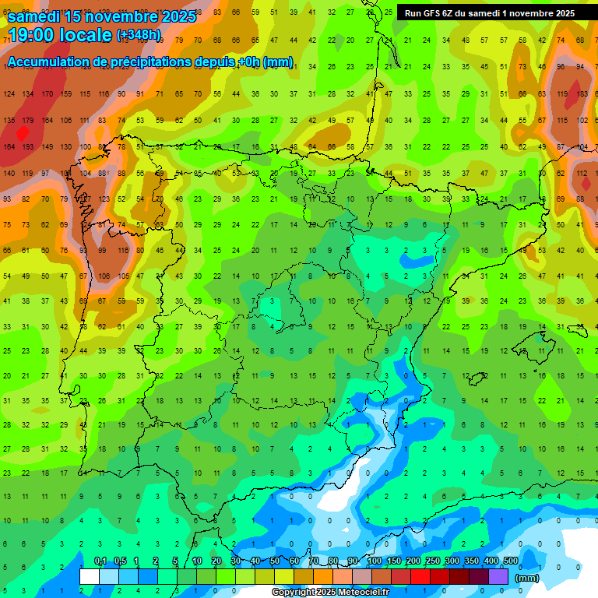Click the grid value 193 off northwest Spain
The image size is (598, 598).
click(28, 146)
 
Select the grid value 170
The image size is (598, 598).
click(47, 94)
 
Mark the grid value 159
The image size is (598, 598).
click(65, 94)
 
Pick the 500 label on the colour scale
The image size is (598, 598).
click(511, 561)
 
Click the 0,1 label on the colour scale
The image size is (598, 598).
click(100, 561)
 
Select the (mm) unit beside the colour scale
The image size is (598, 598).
click(527, 579)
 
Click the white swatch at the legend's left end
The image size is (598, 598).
click(90, 576)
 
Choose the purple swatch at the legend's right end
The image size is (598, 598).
click(498, 576)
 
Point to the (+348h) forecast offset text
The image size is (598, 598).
click(139, 35)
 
